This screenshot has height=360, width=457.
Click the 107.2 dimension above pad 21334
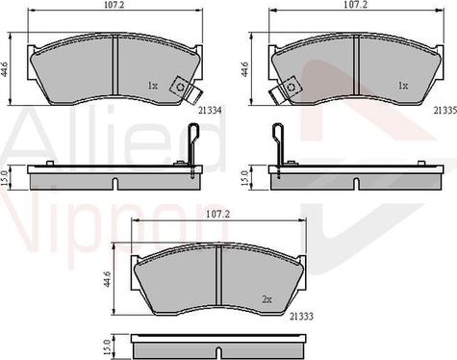pos(114,7)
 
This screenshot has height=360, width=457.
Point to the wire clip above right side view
pos(280,144)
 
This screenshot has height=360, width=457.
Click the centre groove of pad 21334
pos(114,65)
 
